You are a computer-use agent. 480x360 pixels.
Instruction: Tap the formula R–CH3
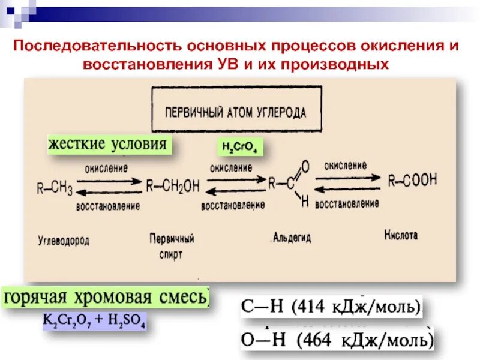pyautogui.click(x=55, y=189)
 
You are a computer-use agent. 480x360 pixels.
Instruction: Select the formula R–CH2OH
pyautogui.click(x=173, y=187)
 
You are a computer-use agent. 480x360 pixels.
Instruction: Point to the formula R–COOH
pyautogui.click(x=412, y=179)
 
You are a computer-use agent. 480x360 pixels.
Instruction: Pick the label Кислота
pyautogui.click(x=401, y=235)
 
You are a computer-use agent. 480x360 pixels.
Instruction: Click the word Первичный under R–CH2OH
pyautogui.click(x=172, y=239)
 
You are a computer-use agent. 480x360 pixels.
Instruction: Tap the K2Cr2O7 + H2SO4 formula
pyautogui.click(x=94, y=321)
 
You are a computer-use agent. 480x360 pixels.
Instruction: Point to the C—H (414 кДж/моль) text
pyautogui.click(x=332, y=307)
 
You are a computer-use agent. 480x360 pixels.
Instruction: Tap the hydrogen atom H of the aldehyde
pyautogui.click(x=305, y=202)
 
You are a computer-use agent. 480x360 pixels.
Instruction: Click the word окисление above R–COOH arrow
pyautogui.click(x=346, y=164)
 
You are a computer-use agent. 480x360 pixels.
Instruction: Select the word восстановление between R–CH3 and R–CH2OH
pyautogui.click(x=108, y=206)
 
